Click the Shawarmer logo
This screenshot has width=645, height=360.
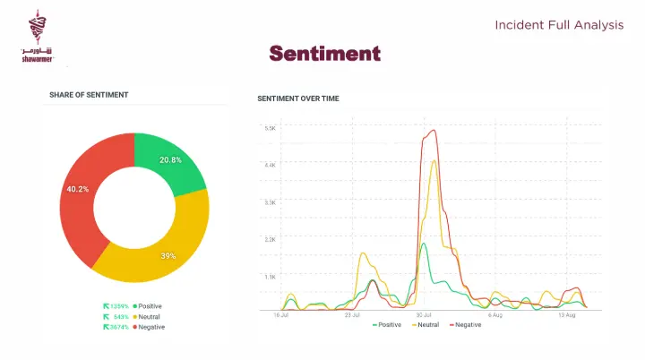click(x=38, y=38)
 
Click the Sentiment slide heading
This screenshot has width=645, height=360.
click(x=324, y=54)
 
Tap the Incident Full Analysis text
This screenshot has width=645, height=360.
click(x=559, y=25)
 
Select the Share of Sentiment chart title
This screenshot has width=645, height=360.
click(x=89, y=95)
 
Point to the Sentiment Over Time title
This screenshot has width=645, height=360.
click(x=297, y=98)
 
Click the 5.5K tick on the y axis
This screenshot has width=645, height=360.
click(x=270, y=128)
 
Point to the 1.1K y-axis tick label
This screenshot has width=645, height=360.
click(x=270, y=277)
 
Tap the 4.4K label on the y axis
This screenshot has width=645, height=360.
click(x=270, y=165)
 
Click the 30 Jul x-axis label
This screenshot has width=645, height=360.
click(x=425, y=315)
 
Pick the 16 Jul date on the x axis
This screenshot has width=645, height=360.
click(x=280, y=315)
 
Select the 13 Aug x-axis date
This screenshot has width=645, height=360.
click(x=566, y=315)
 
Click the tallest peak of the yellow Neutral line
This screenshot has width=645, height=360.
click(x=434, y=161)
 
